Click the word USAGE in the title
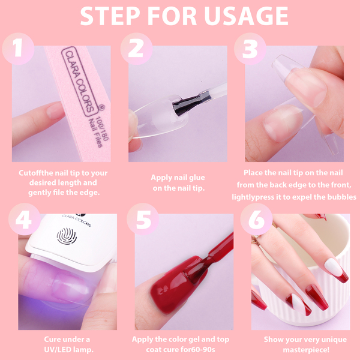tap(245, 16)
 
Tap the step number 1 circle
tap(18, 49)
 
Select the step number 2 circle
tap(136, 49)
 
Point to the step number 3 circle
tap(250, 49)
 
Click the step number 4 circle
tap(25, 219)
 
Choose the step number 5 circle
tap(143, 219)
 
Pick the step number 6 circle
tap(256, 219)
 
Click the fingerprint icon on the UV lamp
tap(67, 236)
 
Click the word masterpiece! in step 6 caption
tap(306, 350)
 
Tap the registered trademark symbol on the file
tap(101, 107)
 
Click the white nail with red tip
tap(336, 270)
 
